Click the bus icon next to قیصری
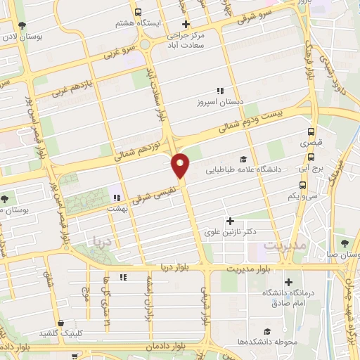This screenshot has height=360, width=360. coord(310,131)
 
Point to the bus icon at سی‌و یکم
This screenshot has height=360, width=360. coord(302,185)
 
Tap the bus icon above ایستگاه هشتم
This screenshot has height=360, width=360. coord(139,12)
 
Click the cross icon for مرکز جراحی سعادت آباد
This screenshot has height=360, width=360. coord(184,25)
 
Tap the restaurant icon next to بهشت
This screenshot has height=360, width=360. coord(115,198)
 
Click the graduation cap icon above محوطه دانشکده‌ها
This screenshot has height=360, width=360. coord(266,331)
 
